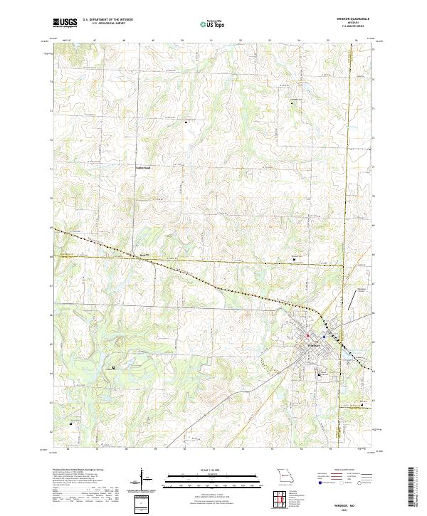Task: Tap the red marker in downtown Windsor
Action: (307, 335)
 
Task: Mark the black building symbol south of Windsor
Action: (318, 374)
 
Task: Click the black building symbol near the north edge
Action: (290, 103)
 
